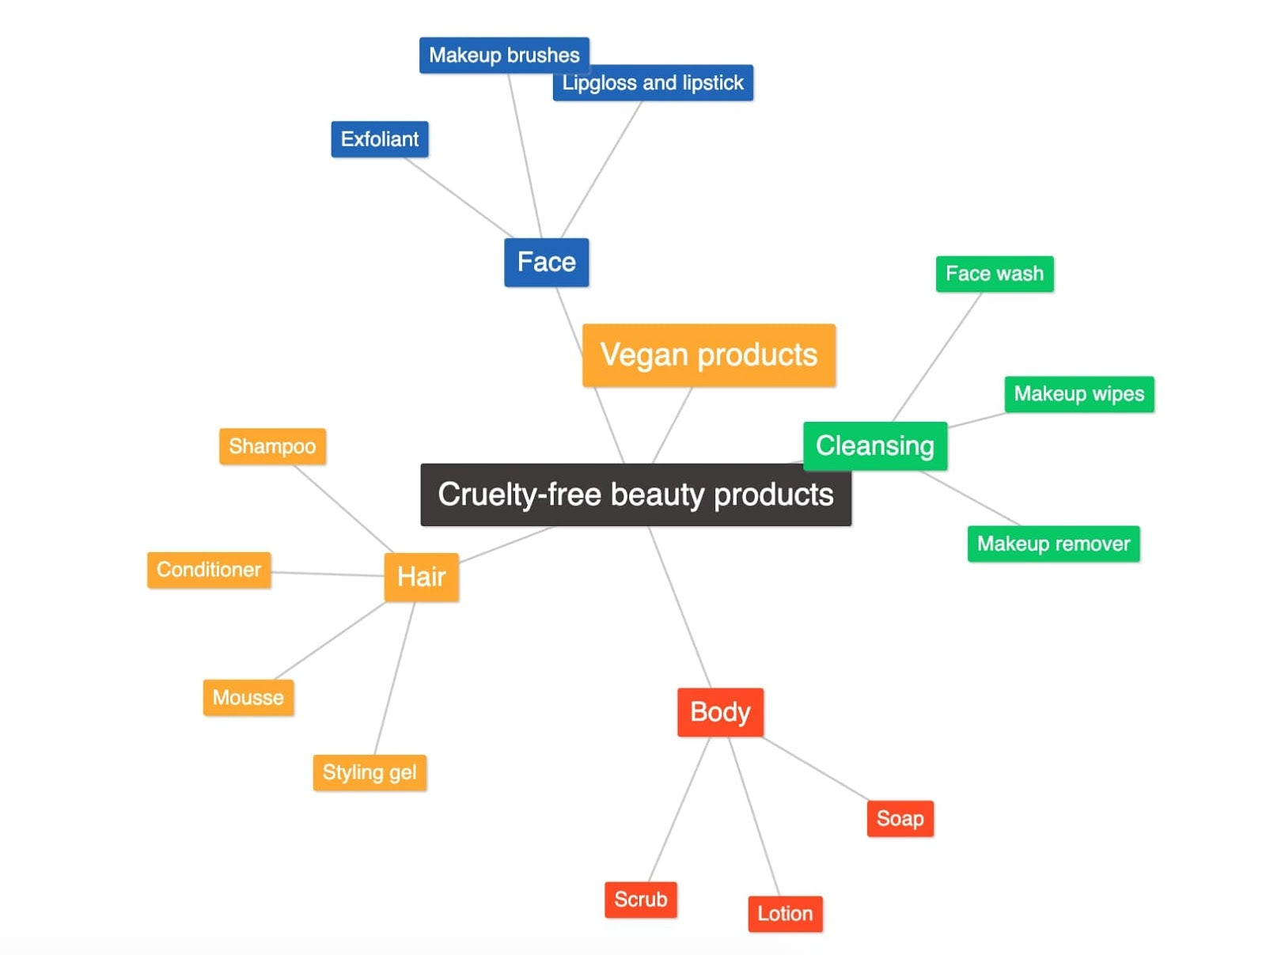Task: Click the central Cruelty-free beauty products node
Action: coord(635,495)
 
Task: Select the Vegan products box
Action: coord(708,355)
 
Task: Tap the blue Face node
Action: coord(546,262)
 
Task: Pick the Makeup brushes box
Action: coord(504,55)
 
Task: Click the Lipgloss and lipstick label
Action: coord(653,83)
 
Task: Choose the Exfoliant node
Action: coord(380,139)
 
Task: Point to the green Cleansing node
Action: coord(875,445)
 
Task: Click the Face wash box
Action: coord(995,274)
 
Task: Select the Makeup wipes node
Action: coord(1079,394)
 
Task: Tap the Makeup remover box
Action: coord(1053,544)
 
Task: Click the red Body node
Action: coord(720,712)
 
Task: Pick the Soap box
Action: coord(900,818)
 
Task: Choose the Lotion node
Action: coord(785,914)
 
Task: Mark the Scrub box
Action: coord(641,900)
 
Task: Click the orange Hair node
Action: coord(421,577)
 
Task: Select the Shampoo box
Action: coord(272,446)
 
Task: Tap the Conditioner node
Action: coord(209,570)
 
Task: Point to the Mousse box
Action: coord(248,698)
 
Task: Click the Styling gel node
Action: coord(370,772)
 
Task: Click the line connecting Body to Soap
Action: coord(816,768)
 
